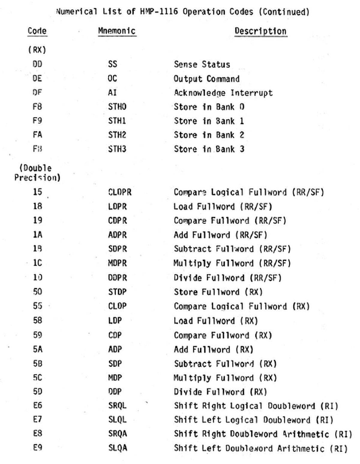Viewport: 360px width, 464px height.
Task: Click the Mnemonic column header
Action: click(x=117, y=31)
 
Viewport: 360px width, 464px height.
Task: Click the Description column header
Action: click(x=260, y=31)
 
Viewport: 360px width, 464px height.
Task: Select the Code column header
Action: click(x=37, y=31)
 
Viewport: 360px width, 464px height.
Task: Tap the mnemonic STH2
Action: click(x=117, y=135)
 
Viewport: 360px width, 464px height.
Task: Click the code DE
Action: click(x=37, y=78)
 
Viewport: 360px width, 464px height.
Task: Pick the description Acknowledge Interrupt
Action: click(x=223, y=93)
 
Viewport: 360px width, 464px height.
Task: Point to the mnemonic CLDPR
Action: click(x=120, y=192)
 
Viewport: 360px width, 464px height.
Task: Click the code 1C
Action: click(x=37, y=263)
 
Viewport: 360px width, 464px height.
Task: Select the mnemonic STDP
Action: click(x=117, y=292)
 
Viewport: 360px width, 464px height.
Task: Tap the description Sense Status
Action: click(x=202, y=64)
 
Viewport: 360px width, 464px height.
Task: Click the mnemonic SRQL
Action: click(x=117, y=405)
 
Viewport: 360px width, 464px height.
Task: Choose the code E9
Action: click(x=37, y=448)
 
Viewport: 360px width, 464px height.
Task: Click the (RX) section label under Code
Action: click(x=37, y=50)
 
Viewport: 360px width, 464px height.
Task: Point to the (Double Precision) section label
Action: click(x=37, y=173)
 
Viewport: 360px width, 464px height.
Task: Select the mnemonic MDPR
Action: click(x=117, y=263)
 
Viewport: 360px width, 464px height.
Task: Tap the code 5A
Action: click(x=37, y=349)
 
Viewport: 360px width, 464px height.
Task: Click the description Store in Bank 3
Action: click(x=209, y=149)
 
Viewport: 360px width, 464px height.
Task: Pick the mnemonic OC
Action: click(x=112, y=78)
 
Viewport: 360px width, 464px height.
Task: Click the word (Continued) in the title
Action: click(x=284, y=12)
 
